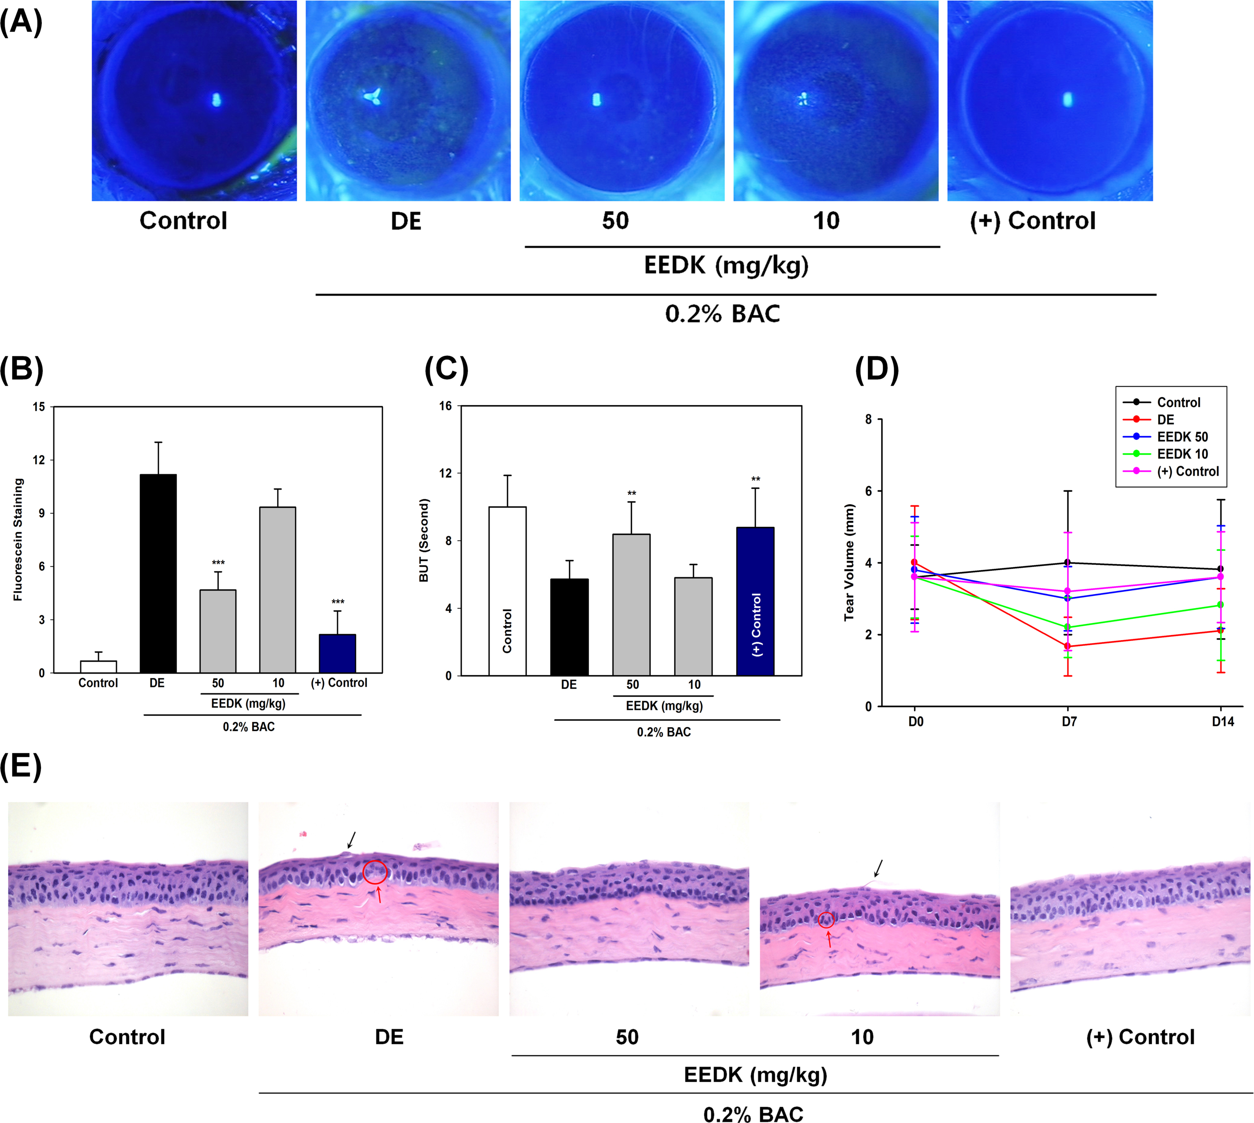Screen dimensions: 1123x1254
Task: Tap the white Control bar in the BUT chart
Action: coord(507,591)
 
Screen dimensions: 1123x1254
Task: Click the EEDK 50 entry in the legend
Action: coord(1181,437)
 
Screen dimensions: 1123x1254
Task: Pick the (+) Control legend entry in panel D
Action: coord(1187,471)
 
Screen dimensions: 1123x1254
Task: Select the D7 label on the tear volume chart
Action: coord(1069,721)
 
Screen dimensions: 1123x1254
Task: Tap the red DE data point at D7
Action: coord(1067,646)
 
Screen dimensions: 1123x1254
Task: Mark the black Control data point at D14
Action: coord(1220,569)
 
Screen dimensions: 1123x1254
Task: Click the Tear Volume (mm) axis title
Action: coord(850,562)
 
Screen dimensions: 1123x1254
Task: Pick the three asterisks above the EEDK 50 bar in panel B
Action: coord(218,563)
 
